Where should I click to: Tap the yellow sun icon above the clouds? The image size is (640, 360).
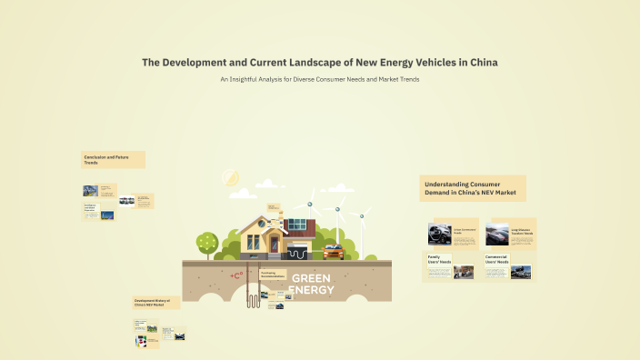point(230,177)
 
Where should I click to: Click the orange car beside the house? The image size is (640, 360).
point(334,251)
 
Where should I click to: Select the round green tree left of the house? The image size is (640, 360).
point(207,242)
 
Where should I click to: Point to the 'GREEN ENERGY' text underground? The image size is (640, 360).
point(312,284)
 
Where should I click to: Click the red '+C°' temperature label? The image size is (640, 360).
point(236,275)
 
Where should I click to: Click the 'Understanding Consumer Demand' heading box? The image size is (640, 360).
point(472,188)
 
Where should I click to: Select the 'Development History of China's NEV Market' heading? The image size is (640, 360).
point(155,302)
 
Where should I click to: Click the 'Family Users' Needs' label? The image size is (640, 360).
point(439,259)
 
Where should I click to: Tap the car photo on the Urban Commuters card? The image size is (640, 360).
point(440,234)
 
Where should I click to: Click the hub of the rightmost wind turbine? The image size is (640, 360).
point(361,216)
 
